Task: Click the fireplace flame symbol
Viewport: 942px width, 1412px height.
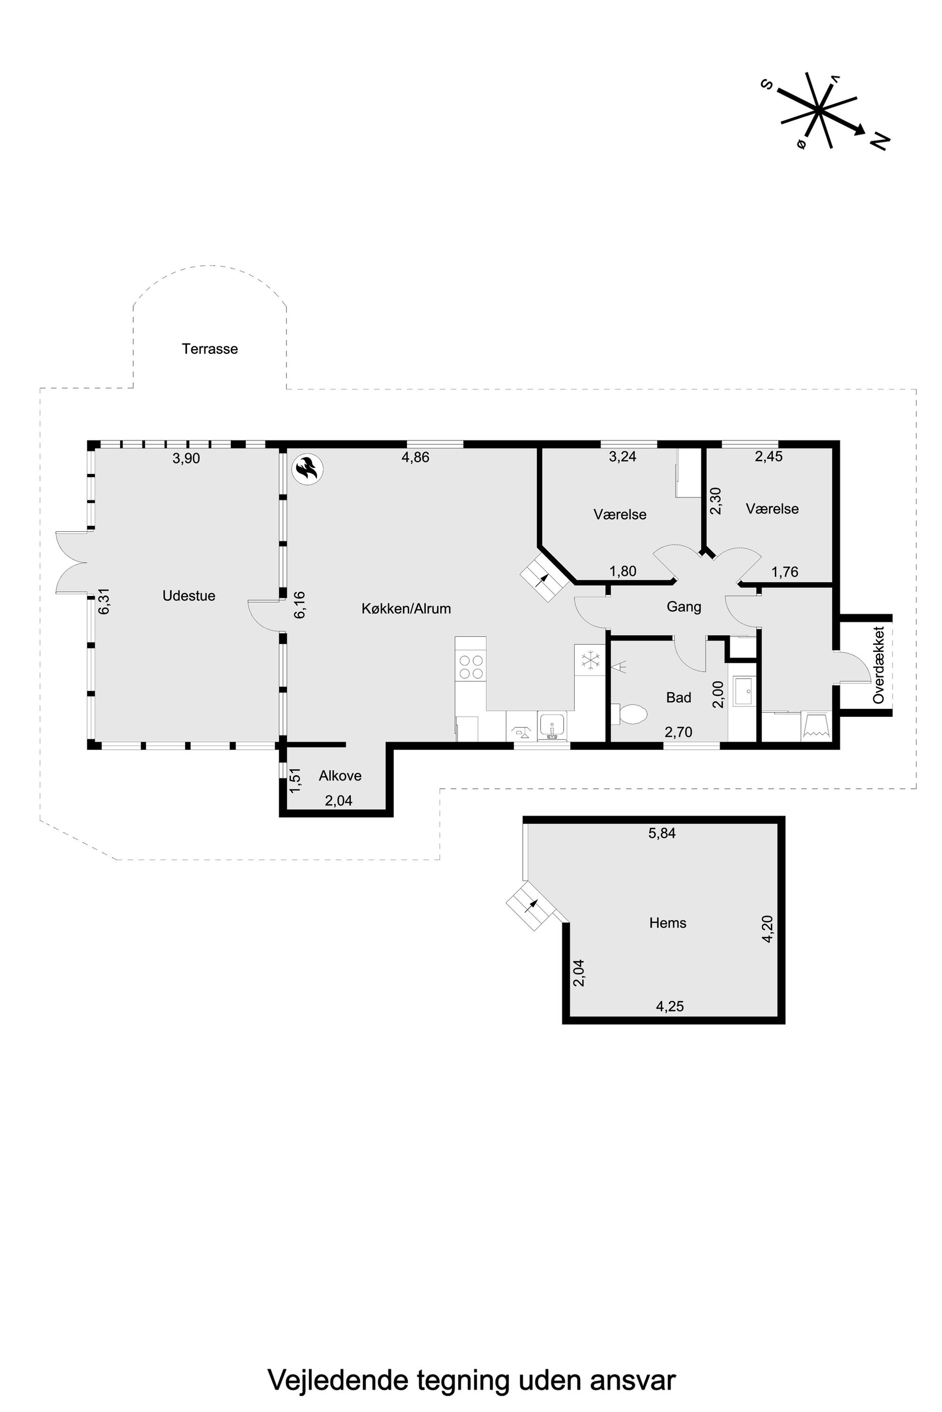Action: [307, 469]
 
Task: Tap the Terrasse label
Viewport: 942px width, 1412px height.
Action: [210, 349]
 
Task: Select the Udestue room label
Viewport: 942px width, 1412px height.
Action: [188, 595]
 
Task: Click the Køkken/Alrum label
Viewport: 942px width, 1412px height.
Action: [406, 609]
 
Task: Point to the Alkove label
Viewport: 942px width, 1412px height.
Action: [340, 776]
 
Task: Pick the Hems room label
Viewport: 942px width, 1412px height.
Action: [668, 923]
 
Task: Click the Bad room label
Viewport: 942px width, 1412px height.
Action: [679, 697]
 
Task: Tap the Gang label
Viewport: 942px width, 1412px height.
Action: [684, 607]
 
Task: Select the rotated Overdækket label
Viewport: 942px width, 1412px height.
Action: [879, 665]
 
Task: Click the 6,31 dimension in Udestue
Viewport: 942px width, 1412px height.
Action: [104, 601]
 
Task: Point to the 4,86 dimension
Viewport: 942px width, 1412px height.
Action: [416, 457]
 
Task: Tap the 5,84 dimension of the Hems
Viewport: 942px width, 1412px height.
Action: [662, 833]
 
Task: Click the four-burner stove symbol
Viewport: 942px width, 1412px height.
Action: [471, 667]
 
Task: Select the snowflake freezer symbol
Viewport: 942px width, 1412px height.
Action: [591, 660]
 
